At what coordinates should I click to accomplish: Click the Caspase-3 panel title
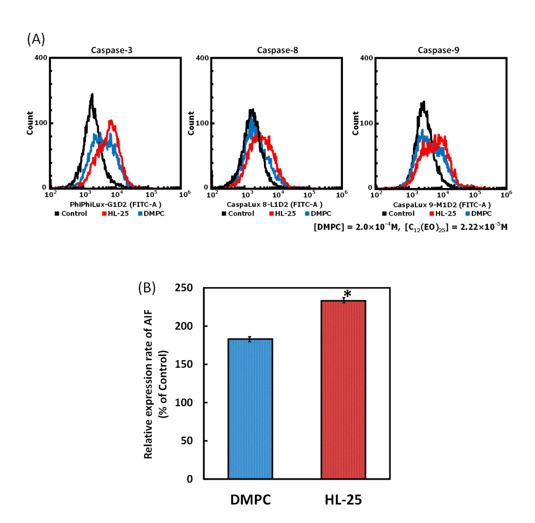[x=115, y=50]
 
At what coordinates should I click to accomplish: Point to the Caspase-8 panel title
[x=277, y=50]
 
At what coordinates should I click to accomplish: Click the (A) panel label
[x=36, y=39]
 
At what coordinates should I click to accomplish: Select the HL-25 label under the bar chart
[x=343, y=499]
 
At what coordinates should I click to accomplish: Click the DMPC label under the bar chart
[x=250, y=499]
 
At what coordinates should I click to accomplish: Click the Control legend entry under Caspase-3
[x=71, y=213]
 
